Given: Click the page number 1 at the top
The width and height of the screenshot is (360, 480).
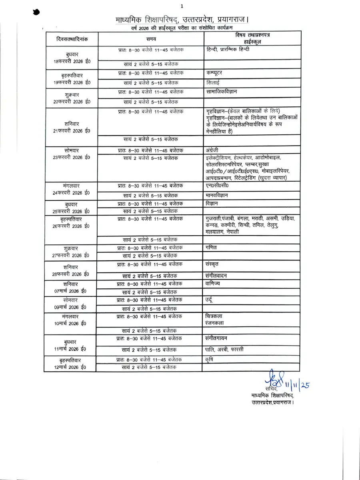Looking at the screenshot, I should pos(182,6).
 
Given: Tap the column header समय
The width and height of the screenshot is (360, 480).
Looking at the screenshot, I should pos(151,39).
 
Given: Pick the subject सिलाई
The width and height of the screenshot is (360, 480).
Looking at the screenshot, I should pos(213,82).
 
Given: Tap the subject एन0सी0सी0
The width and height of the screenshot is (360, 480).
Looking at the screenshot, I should pos(218,186).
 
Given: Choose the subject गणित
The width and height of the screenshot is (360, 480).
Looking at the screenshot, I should pos(210,248).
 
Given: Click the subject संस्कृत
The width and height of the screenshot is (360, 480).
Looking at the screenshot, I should pos(212,264).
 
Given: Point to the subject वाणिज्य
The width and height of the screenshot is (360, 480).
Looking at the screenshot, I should pos(213,283).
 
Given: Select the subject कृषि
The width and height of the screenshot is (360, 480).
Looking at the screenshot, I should pos(208,359).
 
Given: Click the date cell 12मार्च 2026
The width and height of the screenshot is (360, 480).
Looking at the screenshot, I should pos(70,367).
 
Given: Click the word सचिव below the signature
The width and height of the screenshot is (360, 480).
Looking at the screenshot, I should pos(271,388).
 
